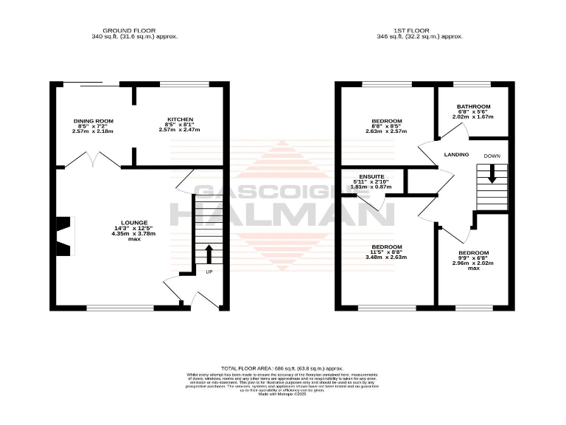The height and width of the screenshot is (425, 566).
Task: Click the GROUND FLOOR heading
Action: click(x=134, y=30)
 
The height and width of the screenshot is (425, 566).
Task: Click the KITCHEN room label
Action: click(x=180, y=119)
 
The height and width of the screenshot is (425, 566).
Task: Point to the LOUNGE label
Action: click(x=135, y=222)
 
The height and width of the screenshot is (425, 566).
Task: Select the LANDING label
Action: click(x=457, y=154)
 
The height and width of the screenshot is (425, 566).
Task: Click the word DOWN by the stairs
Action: click(x=492, y=156)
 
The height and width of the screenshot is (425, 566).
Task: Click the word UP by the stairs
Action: click(x=209, y=272)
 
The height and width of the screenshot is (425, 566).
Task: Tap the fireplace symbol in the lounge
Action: click(x=65, y=233)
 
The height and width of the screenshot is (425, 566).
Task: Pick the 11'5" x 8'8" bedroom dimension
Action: click(x=386, y=252)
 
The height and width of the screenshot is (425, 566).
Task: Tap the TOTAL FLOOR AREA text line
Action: click(x=282, y=367)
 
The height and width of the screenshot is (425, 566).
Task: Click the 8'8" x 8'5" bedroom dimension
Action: click(x=386, y=126)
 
